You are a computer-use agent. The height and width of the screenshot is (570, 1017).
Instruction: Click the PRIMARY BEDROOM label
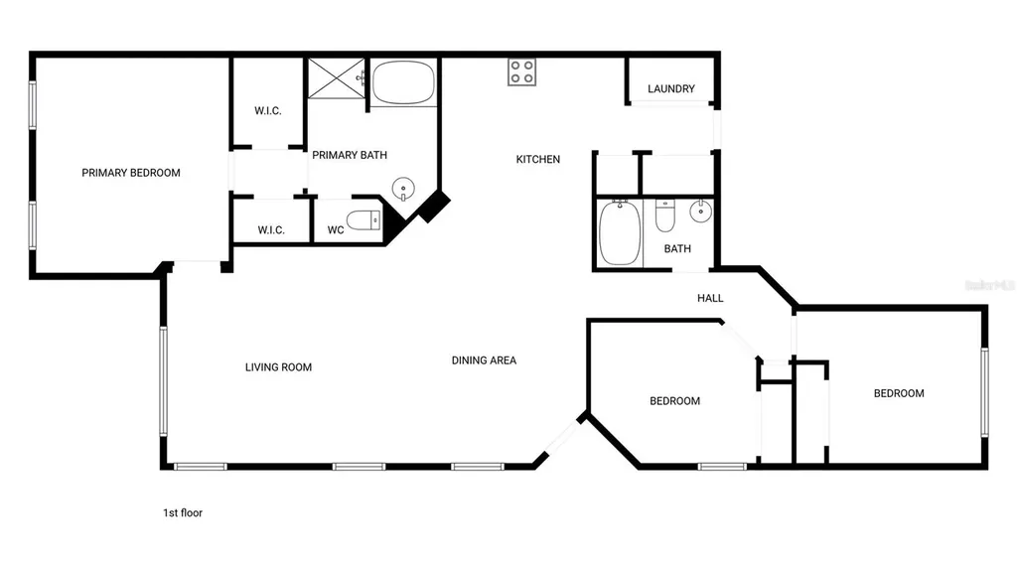coord(131,173)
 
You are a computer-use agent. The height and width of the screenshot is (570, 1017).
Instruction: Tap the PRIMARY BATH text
coord(350,155)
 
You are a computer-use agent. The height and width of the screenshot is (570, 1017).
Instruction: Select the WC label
coord(336,230)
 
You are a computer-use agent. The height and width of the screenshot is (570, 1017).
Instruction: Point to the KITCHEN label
coord(538,159)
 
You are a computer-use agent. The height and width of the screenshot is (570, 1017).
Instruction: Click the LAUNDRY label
coord(671,89)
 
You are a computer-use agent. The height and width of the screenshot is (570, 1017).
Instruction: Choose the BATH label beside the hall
coord(677,249)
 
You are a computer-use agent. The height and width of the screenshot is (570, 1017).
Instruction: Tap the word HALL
coord(710,298)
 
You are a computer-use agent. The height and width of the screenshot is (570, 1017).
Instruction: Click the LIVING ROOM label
coord(278,367)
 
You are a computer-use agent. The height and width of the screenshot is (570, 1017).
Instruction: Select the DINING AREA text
coord(484,360)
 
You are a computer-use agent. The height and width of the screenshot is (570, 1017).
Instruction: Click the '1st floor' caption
coord(183,513)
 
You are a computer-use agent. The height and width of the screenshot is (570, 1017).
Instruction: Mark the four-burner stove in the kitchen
coord(522,72)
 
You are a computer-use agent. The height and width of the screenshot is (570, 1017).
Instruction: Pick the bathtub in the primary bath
coord(403,82)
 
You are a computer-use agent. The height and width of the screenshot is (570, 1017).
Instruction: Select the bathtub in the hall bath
coord(620,233)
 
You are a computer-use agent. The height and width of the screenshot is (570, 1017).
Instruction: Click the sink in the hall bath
coord(701,211)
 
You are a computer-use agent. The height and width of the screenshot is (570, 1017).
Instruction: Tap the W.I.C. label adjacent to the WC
coord(271,230)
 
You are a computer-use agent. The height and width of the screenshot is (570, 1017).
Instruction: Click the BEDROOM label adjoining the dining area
coord(674,401)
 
